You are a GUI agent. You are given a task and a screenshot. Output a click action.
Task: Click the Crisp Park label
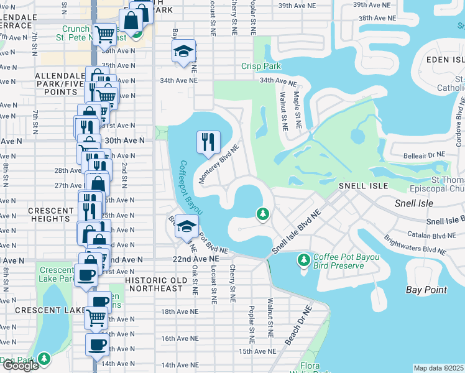261,67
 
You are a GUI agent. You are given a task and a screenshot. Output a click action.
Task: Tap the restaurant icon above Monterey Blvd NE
208,142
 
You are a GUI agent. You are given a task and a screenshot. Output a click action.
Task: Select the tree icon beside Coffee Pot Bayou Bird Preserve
303,259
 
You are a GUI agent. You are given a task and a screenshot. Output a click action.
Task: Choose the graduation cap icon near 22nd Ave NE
185,226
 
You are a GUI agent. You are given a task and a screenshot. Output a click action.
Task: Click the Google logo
20,366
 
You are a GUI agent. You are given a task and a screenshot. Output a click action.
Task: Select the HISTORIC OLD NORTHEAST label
155,284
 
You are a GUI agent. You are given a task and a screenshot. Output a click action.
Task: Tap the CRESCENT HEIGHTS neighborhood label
49,215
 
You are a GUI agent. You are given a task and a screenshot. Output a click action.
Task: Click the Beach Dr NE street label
298,326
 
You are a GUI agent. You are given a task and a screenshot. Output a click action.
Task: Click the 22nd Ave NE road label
200,259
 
